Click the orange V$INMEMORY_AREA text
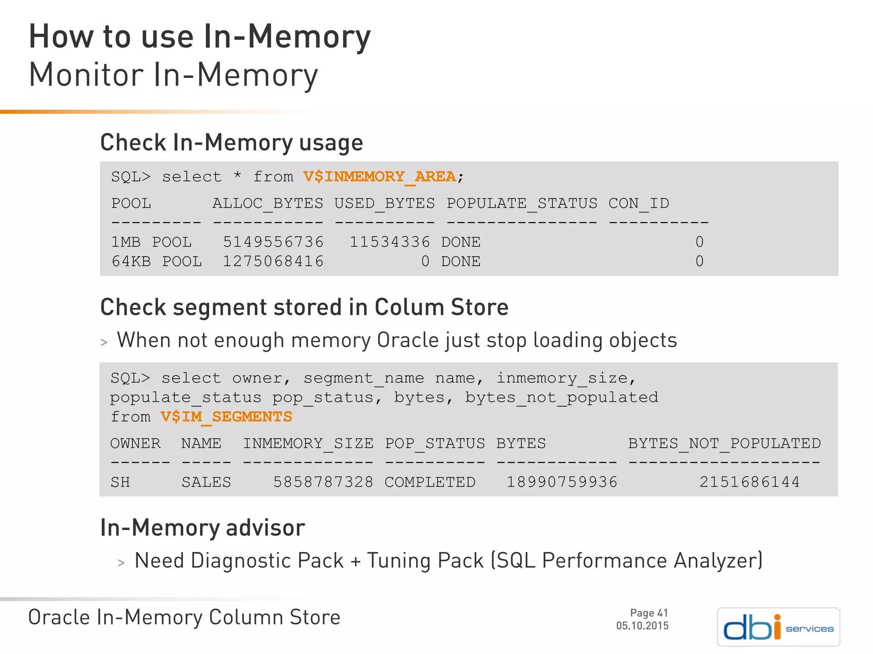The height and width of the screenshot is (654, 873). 379,177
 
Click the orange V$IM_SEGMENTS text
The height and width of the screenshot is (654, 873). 226,417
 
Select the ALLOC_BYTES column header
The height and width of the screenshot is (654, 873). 268,204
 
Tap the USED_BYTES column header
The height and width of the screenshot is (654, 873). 384,204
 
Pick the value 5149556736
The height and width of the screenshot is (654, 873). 273,242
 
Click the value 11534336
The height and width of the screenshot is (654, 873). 390,242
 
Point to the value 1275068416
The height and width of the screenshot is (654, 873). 273,261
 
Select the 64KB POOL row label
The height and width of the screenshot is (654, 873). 156,261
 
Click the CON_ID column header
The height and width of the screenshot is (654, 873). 639,204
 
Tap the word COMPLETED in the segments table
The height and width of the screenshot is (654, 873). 430,482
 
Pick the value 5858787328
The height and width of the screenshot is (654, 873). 323,482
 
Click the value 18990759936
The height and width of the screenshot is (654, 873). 562,482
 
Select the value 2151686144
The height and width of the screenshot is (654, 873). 749,482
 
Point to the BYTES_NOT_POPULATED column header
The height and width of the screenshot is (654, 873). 724,444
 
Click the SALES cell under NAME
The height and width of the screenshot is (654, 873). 206,482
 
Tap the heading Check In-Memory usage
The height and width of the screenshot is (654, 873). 231,143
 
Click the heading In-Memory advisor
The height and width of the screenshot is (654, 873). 202,528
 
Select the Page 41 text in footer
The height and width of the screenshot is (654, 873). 649,613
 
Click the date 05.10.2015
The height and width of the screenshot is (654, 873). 642,626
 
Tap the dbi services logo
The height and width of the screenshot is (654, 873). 778,627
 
